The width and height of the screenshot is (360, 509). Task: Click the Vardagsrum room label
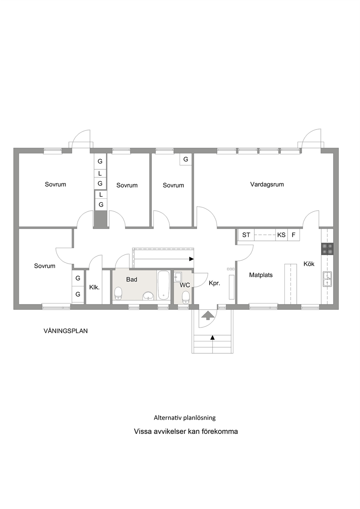point(267,184)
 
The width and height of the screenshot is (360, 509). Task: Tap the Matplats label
point(261,275)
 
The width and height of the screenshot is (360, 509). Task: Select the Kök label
point(309,264)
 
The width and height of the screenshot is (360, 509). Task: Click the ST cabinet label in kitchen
point(246,235)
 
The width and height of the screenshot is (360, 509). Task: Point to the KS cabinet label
point(281,235)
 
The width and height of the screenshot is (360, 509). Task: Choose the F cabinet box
point(294,235)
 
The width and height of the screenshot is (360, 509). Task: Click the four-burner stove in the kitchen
point(327,249)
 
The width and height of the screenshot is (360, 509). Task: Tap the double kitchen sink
point(327,279)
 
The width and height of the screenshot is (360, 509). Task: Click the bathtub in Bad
point(164,285)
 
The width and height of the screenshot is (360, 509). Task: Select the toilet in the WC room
point(186,297)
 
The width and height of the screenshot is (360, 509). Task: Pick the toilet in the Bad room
point(118,294)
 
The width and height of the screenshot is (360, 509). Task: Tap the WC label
point(185,285)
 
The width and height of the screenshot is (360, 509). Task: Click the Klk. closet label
point(94,287)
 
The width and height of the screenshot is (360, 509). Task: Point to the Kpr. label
point(214,283)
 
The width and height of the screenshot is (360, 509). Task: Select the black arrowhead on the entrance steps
point(213,337)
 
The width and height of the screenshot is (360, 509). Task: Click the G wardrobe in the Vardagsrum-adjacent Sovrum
point(186,159)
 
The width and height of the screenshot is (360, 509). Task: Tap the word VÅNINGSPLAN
point(65,331)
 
